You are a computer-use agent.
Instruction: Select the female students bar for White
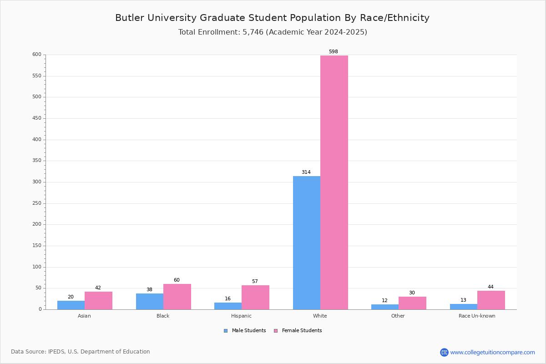point(334,182)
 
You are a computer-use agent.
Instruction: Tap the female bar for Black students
point(177,297)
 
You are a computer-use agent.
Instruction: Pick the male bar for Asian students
point(71,305)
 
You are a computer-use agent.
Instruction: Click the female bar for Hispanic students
point(255,297)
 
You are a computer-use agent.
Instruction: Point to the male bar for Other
point(385,307)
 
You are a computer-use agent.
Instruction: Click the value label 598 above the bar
point(334,52)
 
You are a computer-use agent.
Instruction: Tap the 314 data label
point(306,172)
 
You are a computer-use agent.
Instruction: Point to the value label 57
point(255,282)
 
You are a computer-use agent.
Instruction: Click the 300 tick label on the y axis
point(36,182)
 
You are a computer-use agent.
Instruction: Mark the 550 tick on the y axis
point(36,76)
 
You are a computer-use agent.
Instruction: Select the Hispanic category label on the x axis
point(241,316)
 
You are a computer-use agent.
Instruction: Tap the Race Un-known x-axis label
point(477,316)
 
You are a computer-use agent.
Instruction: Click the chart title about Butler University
point(272,18)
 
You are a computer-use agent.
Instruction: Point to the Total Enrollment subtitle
point(273,32)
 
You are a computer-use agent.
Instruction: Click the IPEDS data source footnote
point(81,352)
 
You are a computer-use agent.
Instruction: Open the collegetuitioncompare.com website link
point(492,352)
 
